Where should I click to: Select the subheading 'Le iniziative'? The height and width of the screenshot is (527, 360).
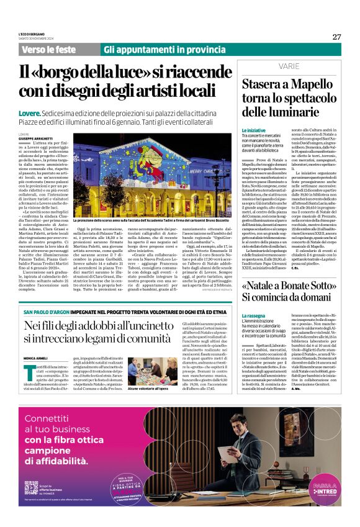[253, 130]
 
